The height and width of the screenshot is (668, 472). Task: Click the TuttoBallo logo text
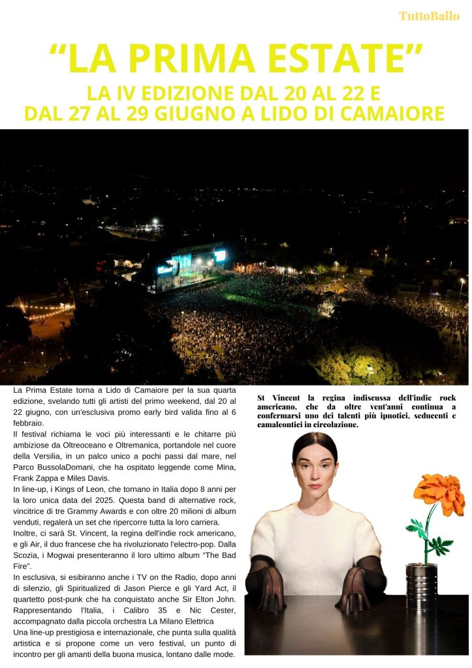point(429,16)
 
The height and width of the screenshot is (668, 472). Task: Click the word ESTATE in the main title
point(339,59)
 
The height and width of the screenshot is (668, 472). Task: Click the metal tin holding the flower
point(421,585)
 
